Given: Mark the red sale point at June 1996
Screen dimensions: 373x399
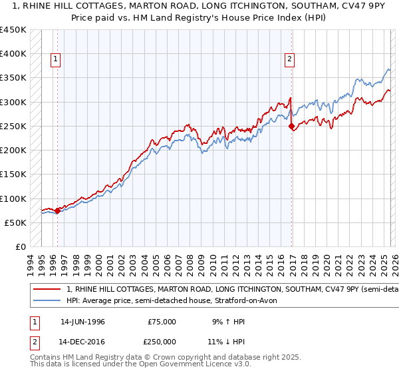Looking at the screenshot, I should pos(57,210).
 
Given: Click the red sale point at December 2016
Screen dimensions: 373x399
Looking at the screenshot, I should pos(292,126).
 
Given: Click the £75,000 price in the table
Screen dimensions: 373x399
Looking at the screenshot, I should pos(162,321).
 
